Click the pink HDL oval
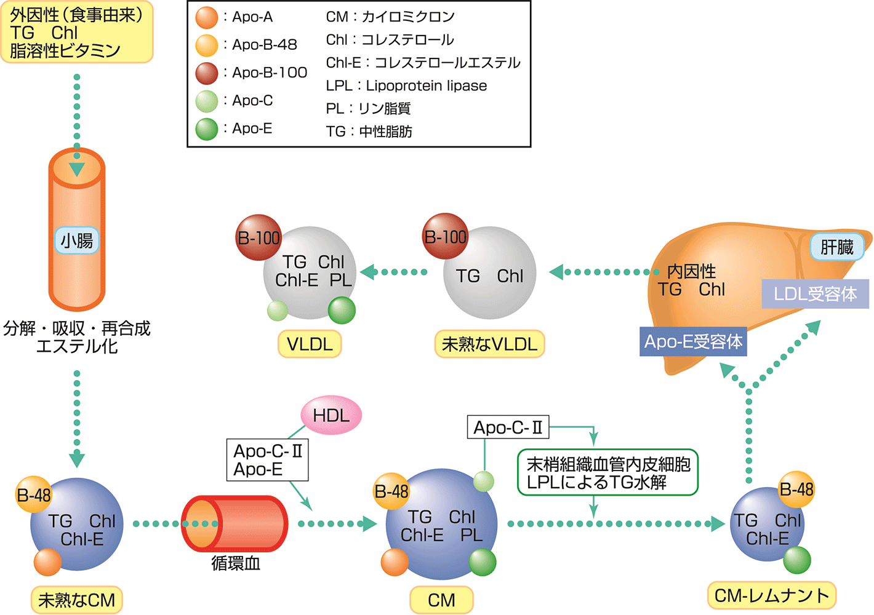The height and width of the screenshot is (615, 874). [x=331, y=416]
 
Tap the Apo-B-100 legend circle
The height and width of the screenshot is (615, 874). [x=207, y=73]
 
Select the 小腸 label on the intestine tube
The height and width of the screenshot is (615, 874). [x=77, y=240]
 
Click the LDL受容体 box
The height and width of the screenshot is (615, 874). [x=815, y=294]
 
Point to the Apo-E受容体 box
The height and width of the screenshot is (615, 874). [x=693, y=341]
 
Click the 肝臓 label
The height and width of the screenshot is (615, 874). [x=836, y=247]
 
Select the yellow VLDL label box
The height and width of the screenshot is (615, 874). [x=310, y=344]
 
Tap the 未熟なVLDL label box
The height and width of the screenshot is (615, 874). [x=490, y=344]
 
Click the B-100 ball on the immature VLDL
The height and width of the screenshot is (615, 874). [x=445, y=236]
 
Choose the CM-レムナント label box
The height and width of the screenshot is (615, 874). [x=772, y=595]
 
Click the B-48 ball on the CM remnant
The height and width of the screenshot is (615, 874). [x=796, y=490]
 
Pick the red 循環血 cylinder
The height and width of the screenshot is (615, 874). [x=235, y=523]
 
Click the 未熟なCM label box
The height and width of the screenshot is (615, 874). [x=76, y=600]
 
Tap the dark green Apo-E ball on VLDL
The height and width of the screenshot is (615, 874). [x=342, y=310]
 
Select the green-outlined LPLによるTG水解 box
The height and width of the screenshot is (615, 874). [x=608, y=473]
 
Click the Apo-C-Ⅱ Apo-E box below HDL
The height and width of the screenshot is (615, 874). [x=267, y=460]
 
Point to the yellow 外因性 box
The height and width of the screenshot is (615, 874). [x=76, y=32]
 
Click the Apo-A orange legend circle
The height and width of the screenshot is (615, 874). [x=207, y=17]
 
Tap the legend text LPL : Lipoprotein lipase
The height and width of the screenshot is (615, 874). [x=406, y=85]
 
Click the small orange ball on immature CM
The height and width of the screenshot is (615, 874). [x=47, y=561]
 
